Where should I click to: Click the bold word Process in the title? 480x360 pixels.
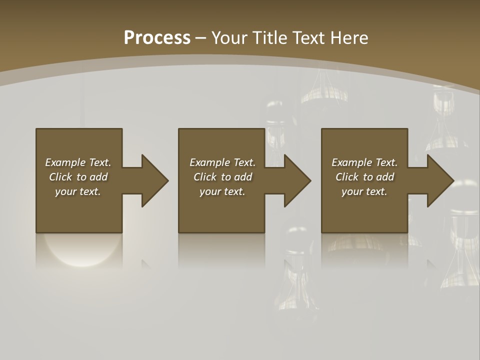pos(157,37)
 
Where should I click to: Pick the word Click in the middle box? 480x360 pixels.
pos(205,177)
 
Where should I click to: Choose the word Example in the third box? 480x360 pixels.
pos(351,162)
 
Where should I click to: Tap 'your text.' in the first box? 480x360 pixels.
pos(78,191)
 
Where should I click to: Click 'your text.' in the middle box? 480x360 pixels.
pos(222,191)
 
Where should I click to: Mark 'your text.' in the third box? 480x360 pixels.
pos(364,191)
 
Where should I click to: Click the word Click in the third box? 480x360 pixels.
pos(347,177)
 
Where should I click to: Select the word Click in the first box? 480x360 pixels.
pos(60,177)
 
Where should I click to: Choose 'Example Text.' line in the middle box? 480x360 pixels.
pos(222,162)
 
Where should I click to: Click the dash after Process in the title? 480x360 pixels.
pos(200,38)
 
